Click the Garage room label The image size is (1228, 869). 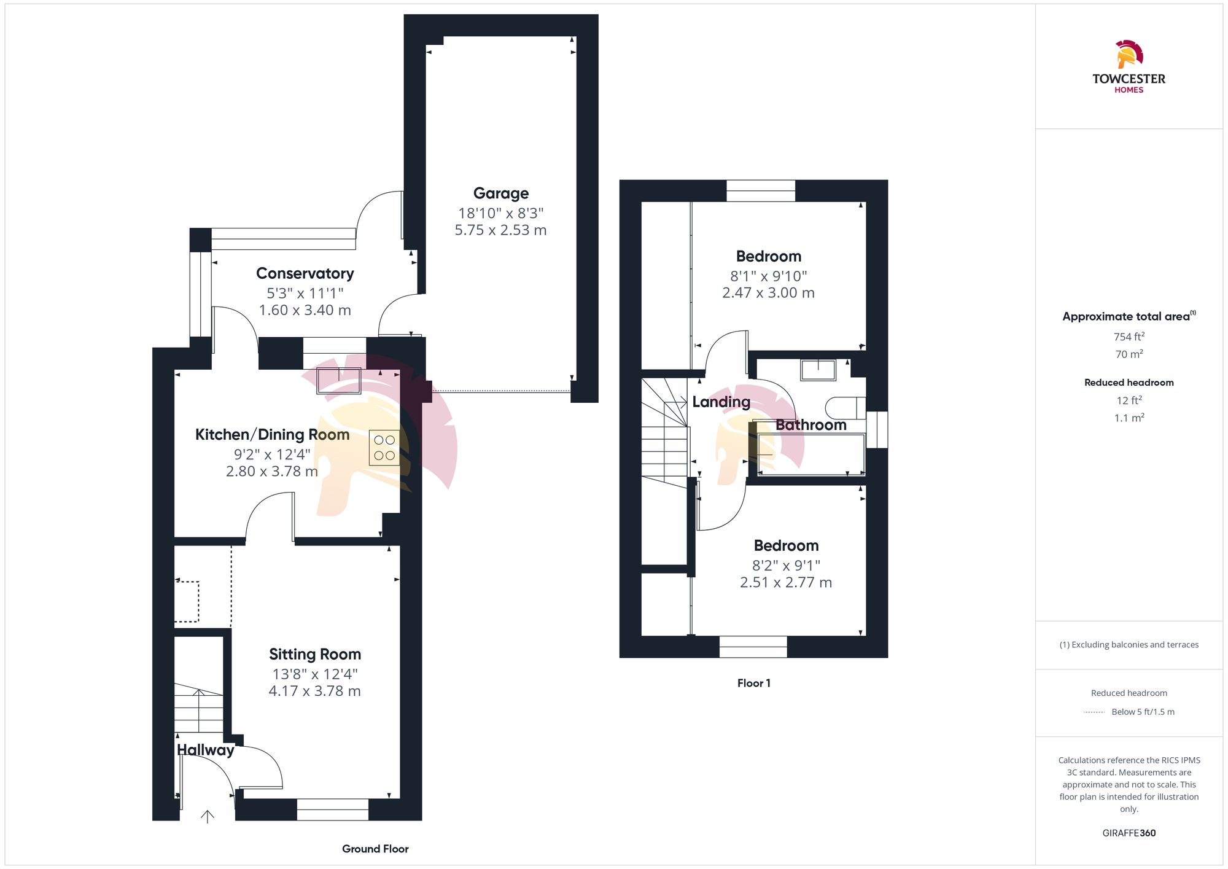500,193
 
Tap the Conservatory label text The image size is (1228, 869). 305,273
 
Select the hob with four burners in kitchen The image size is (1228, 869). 384,448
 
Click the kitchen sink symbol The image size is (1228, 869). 338,381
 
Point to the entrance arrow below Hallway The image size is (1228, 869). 208,816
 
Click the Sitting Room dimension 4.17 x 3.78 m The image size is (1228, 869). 314,691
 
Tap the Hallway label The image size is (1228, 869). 205,750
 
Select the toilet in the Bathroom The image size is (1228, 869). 845,408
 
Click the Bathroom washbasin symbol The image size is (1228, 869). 818,370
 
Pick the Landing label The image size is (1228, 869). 721,402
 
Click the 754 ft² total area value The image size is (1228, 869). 1129,337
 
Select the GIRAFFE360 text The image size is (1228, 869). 1129,833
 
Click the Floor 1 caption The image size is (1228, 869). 753,683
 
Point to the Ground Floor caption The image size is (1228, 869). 375,849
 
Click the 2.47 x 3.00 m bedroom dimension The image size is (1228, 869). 768,293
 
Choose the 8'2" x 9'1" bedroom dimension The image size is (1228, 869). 786,565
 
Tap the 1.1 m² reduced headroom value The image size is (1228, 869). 1129,418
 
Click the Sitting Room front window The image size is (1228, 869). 332,809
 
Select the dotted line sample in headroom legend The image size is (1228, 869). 1094,712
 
